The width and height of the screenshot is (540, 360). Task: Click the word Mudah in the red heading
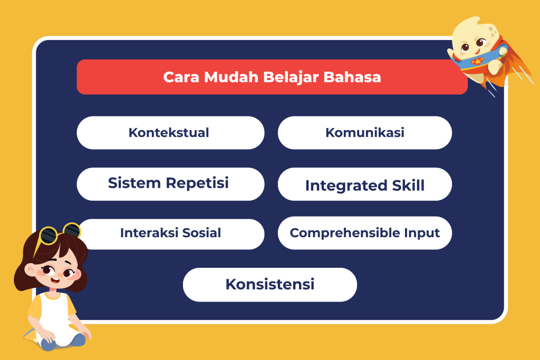[231, 77]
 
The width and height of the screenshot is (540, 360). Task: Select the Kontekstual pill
[170, 132]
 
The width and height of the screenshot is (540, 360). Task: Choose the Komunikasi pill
[365, 132]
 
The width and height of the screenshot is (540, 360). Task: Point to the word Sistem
[134, 183]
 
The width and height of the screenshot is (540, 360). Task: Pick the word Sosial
[201, 232]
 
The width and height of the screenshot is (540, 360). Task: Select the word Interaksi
[149, 232]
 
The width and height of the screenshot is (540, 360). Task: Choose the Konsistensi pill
[269, 285]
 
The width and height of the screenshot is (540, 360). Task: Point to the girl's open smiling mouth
[55, 279]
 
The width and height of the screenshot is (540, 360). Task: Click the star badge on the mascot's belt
[478, 62]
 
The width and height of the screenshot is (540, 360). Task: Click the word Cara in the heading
[181, 77]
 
